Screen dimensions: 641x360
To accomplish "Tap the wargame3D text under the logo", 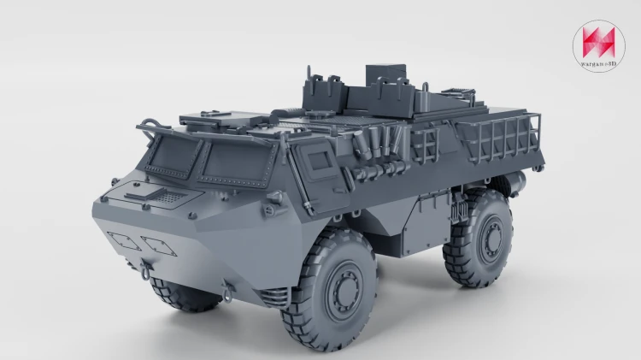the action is pyautogui.click(x=598, y=63).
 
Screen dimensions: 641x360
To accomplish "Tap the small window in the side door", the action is pyautogui.click(x=320, y=161).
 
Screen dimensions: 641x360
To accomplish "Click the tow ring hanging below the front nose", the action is pyautogui.click(x=145, y=272).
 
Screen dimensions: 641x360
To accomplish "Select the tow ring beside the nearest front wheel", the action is pyautogui.click(x=227, y=293).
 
